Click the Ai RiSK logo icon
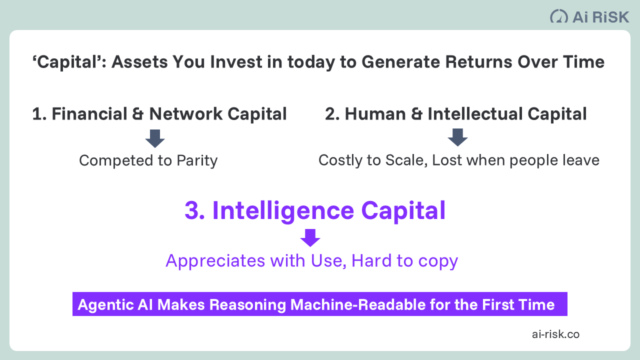point(559,16)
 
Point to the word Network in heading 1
point(185,114)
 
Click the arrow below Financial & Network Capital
point(155,138)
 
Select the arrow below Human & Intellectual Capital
point(457,137)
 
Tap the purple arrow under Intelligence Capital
point(310,237)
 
